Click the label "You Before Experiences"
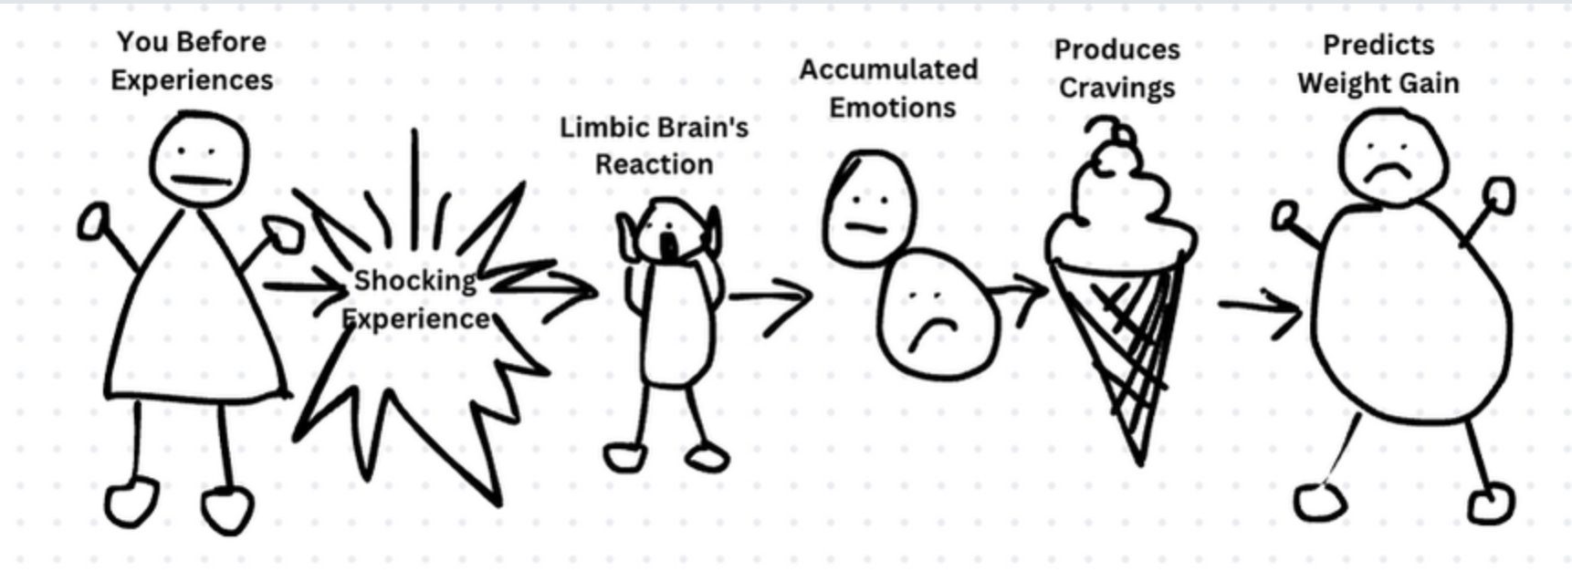coord(192,60)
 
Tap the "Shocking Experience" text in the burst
coord(415,299)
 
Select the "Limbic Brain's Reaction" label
coord(654,146)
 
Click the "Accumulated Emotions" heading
coord(889,88)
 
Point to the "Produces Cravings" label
coord(1116,68)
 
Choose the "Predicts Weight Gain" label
coord(1378,64)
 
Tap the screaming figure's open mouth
coord(669,244)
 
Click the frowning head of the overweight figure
coord(1392,157)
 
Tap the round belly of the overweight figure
coord(1410,310)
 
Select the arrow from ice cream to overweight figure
coord(1260,307)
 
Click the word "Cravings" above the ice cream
coord(1116,88)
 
